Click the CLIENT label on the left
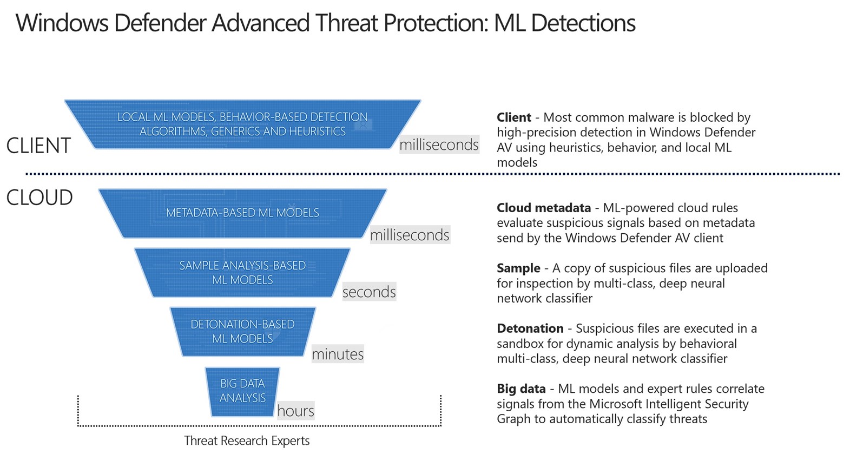point(38,146)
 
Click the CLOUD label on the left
point(39,198)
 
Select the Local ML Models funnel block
point(242,124)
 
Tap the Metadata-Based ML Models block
point(242,213)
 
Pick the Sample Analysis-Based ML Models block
point(242,273)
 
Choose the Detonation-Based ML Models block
point(242,331)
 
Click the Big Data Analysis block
point(242,391)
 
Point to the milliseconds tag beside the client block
point(439,145)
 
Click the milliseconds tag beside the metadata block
point(410,235)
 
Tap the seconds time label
point(369,292)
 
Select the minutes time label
point(338,354)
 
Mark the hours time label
point(295,411)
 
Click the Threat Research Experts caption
point(247,441)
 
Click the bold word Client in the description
point(514,117)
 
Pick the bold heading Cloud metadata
point(544,208)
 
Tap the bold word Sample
point(518,268)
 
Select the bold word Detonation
point(530,328)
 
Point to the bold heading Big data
point(521,389)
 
